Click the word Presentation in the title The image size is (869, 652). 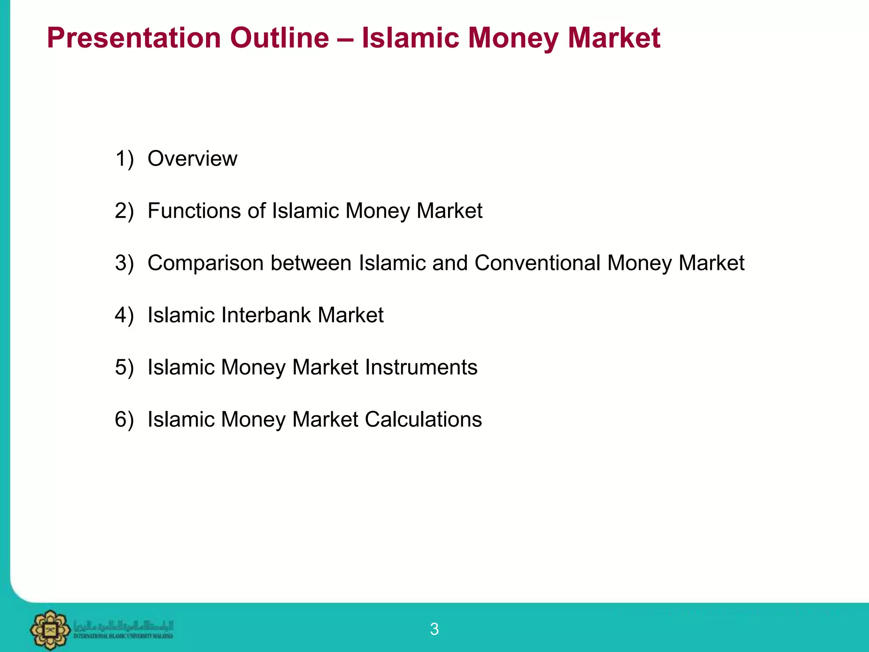tap(134, 38)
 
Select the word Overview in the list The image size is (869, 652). tap(192, 159)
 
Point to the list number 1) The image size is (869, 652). tap(124, 159)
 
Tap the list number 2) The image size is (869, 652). tap(124, 211)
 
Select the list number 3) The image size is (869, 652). tap(124, 263)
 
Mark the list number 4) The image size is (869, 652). tap(124, 315)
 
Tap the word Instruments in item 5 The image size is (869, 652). tap(421, 367)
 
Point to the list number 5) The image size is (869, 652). tap(124, 367)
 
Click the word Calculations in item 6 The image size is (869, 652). tap(423, 419)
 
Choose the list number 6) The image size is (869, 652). tap(124, 419)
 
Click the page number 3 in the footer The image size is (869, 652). tap(434, 629)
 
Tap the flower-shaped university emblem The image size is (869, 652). tap(50, 630)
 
